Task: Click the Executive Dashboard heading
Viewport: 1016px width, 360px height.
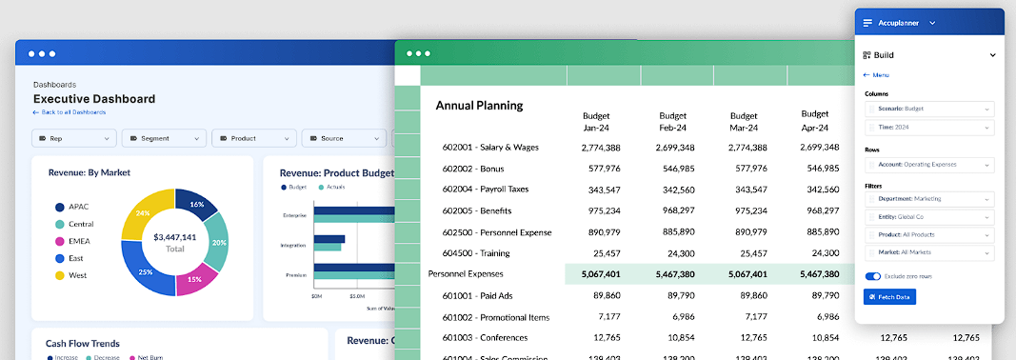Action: pos(93,99)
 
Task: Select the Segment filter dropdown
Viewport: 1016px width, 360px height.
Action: pos(163,138)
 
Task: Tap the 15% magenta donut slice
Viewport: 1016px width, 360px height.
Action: pos(194,279)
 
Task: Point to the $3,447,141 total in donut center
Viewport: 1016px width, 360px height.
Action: pos(174,237)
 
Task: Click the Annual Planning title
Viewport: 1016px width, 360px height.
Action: pos(479,106)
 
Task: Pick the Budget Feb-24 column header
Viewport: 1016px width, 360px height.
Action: pos(673,121)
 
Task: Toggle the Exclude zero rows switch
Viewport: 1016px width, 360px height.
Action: pos(872,276)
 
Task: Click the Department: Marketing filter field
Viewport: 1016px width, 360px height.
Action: pos(928,199)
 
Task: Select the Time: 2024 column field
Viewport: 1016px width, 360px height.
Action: pos(928,127)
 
